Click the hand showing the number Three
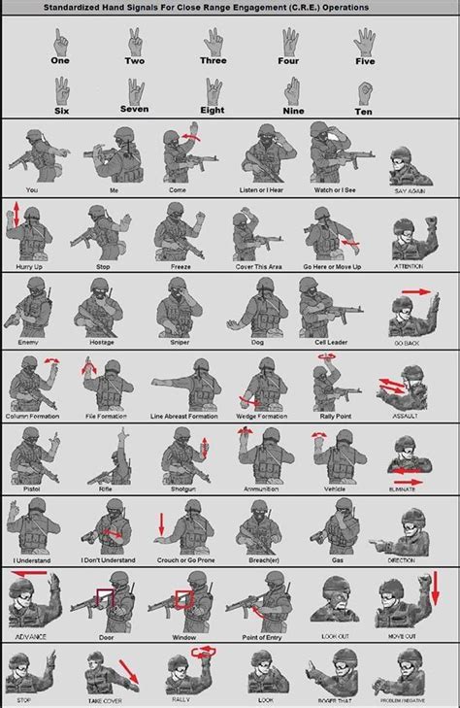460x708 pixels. click(x=214, y=42)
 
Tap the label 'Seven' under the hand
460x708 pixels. click(x=135, y=110)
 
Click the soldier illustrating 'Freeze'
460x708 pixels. click(x=176, y=232)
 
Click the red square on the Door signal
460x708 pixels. click(x=104, y=601)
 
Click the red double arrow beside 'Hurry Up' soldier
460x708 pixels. click(x=15, y=216)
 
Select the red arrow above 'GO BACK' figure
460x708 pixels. click(x=415, y=290)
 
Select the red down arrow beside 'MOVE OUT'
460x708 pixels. click(x=436, y=586)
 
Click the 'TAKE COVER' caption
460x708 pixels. click(x=103, y=697)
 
